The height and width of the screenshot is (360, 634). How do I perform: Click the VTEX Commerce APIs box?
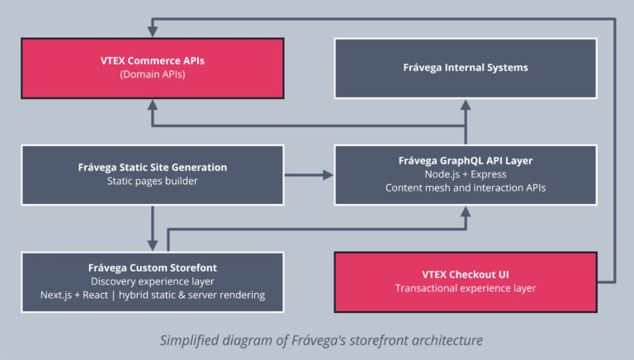point(153,67)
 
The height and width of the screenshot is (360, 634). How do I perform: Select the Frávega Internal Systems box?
point(466,67)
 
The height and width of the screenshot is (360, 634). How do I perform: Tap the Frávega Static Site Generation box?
point(153,174)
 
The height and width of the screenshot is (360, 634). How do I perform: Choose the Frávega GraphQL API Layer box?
point(466,174)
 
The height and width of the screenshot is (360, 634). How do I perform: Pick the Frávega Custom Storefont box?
point(153,282)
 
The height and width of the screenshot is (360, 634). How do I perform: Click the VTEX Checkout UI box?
point(466,282)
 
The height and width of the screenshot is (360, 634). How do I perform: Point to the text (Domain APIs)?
point(153,73)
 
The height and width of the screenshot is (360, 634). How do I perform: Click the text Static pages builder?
point(153,181)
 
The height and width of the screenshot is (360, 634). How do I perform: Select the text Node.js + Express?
point(466,174)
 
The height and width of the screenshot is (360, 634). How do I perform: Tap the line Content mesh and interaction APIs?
point(466,188)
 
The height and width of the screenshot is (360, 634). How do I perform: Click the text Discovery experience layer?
point(153,282)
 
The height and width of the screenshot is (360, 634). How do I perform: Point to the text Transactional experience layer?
point(466,288)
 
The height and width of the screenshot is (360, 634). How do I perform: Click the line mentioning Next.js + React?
point(153,296)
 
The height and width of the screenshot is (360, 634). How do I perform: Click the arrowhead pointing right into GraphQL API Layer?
point(328,175)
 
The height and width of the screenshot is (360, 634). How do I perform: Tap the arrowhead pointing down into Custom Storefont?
point(153,245)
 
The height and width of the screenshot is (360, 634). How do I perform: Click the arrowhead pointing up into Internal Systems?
point(466,104)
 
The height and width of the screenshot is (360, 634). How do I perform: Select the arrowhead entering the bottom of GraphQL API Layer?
point(466,211)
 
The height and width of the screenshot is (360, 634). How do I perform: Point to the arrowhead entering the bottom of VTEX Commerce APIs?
point(153,104)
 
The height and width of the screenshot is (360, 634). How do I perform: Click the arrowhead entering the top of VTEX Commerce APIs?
point(153,31)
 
